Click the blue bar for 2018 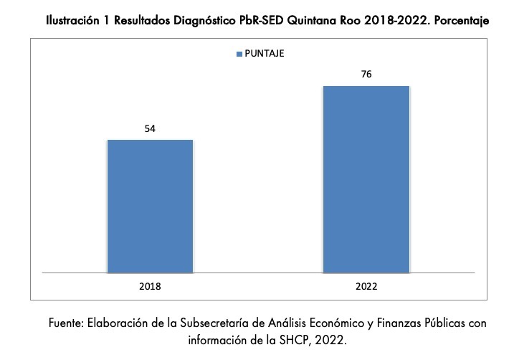point(150,206)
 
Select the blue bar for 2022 point(366,179)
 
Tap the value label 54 point(150,129)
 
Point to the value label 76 point(366,75)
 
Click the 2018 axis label point(150,285)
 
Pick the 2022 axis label point(366,285)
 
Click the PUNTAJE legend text point(265,53)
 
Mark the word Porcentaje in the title point(463,22)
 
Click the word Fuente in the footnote point(66,323)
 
